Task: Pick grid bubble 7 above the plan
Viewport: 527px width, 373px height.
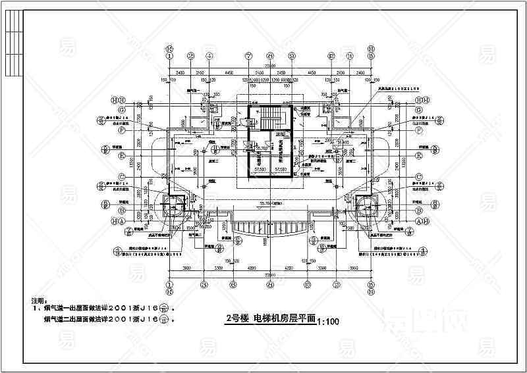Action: coord(249,57)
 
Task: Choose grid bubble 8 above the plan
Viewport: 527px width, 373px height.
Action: coord(269,57)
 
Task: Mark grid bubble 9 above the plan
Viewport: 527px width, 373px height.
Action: coord(291,57)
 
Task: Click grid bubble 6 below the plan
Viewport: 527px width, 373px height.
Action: coord(233,285)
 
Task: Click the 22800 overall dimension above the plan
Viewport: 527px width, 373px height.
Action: coord(269,66)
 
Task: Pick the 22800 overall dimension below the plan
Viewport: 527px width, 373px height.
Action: coord(269,275)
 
